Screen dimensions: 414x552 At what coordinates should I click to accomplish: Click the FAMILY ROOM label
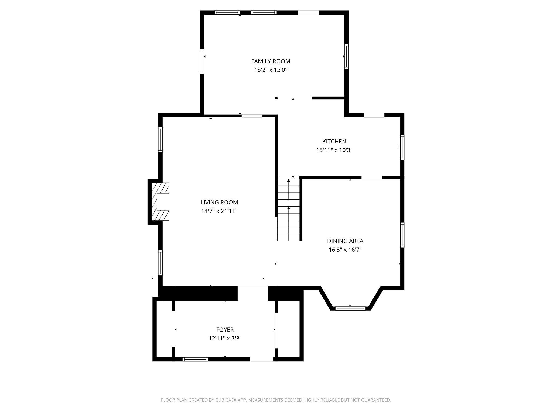(x=271, y=61)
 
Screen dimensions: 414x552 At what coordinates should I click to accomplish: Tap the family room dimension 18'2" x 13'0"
(x=271, y=70)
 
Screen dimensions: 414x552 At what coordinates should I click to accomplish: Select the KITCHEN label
(x=334, y=141)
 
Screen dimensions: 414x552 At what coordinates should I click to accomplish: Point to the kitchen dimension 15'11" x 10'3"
(x=334, y=150)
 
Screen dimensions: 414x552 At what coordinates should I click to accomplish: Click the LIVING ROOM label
(x=219, y=202)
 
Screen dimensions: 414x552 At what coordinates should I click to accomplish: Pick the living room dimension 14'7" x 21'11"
(x=219, y=211)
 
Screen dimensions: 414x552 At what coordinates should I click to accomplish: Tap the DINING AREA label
(x=345, y=241)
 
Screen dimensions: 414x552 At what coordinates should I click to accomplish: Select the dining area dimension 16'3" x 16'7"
(x=345, y=250)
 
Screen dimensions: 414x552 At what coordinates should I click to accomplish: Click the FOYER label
(x=225, y=330)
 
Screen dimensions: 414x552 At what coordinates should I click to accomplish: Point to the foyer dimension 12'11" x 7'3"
(x=225, y=339)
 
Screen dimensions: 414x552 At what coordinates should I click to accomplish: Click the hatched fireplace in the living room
(x=160, y=202)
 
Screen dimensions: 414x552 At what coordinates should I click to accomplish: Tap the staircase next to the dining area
(x=288, y=210)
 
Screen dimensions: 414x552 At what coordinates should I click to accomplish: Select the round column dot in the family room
(x=276, y=98)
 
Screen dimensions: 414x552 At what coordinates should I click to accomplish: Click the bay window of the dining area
(x=350, y=309)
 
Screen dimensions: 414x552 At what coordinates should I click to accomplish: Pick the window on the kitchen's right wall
(x=402, y=147)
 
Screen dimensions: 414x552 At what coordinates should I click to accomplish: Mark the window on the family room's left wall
(x=202, y=61)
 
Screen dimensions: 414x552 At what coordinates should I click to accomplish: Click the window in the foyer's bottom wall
(x=195, y=359)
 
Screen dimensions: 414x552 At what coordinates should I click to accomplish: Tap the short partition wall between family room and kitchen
(x=328, y=98)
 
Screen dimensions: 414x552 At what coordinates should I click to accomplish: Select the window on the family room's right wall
(x=346, y=57)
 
